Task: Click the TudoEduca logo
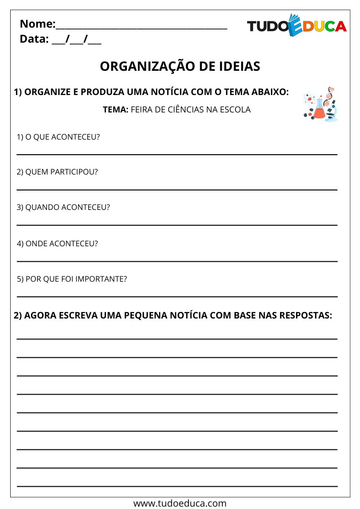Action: click(x=297, y=26)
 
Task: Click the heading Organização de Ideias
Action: click(x=180, y=66)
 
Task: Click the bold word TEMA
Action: click(x=115, y=110)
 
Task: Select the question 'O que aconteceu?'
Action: click(x=58, y=137)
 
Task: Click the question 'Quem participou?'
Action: click(x=57, y=172)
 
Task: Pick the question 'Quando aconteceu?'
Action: click(x=63, y=207)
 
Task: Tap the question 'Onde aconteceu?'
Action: click(x=57, y=243)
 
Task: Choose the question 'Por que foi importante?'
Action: click(x=72, y=279)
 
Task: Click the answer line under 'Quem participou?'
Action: click(x=177, y=190)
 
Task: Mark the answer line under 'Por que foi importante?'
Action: click(x=177, y=296)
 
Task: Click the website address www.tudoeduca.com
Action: click(x=180, y=503)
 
